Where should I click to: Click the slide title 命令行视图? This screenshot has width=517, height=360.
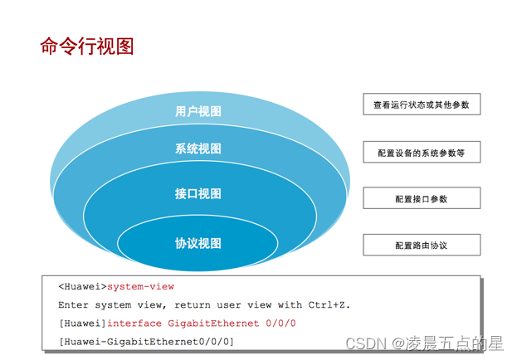coord(86,46)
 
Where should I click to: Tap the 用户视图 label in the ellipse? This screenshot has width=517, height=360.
coord(198,112)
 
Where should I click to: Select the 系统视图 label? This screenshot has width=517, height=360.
coord(198,149)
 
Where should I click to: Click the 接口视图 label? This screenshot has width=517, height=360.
coord(198,194)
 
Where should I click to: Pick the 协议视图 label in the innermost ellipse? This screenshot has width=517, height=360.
coord(198,243)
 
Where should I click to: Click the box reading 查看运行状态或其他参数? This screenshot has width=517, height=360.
coord(422,105)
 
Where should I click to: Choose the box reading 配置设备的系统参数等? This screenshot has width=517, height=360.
coord(422,152)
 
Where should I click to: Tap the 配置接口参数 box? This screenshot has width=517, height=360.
coord(422,198)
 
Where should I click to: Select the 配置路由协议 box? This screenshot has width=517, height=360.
coord(422,245)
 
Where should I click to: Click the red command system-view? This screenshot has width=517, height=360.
coord(141,287)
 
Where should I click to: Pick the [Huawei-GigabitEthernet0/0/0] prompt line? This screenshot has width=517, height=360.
coord(147,342)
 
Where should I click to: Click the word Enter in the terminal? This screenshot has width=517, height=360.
coord(73,305)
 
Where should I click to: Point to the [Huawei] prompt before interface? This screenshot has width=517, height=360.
coord(83,324)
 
